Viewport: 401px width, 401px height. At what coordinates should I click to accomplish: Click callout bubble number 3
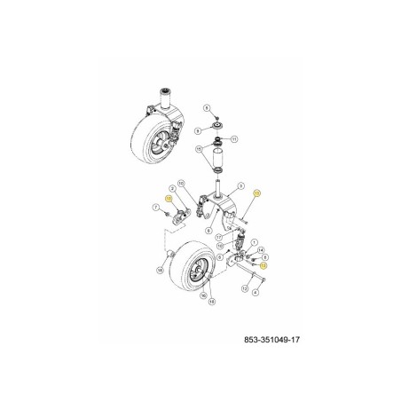[x=240, y=186]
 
